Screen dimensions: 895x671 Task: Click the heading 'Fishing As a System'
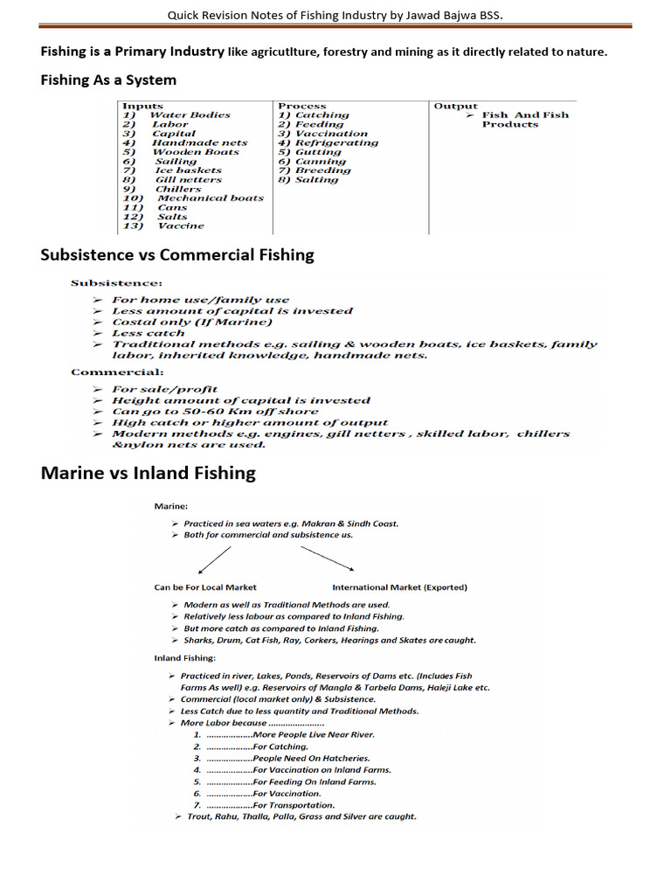(x=108, y=80)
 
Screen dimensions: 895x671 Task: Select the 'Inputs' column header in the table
(x=142, y=106)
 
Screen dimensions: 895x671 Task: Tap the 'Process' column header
(x=301, y=106)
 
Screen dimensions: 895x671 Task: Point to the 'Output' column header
(x=455, y=106)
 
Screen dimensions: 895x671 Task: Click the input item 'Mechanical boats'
(x=210, y=198)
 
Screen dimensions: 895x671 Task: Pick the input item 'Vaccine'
(x=181, y=225)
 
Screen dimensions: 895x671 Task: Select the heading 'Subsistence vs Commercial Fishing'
(x=177, y=255)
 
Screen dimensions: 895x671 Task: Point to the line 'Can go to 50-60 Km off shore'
(x=215, y=412)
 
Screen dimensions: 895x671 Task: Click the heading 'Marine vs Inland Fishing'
(x=149, y=474)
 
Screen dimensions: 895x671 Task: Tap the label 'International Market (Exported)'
(x=399, y=587)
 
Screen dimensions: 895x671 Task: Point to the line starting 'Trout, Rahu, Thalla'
(x=301, y=816)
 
